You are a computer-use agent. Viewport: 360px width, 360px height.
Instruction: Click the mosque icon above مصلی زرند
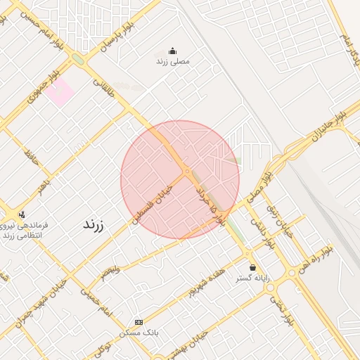173,51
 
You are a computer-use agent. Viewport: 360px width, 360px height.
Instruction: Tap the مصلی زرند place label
173,62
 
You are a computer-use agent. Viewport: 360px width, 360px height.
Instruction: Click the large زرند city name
94,225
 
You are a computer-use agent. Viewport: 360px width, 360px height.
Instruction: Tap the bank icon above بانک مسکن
138,321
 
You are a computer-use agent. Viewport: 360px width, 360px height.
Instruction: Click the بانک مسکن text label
139,331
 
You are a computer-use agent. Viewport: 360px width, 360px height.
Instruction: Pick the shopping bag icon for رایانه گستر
252,267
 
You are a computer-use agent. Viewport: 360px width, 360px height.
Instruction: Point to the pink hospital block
60,92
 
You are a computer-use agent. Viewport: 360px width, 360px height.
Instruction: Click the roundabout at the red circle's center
187,172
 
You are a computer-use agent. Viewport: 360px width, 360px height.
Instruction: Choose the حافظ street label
30,157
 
